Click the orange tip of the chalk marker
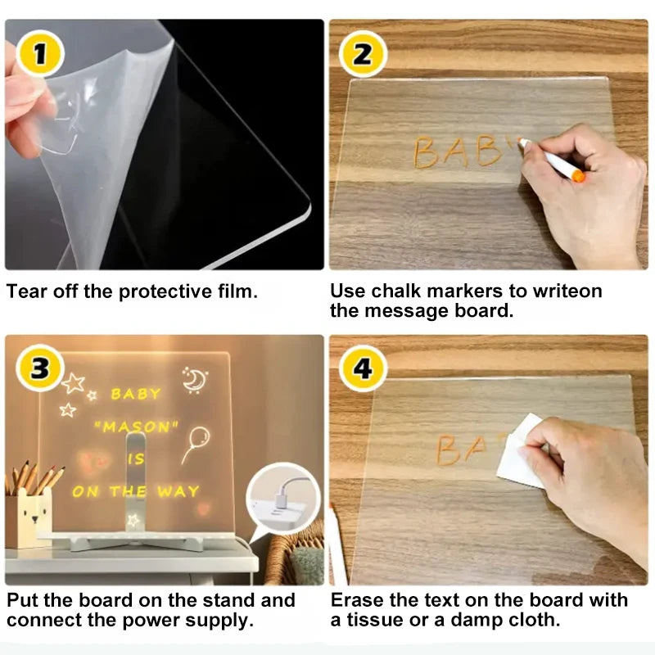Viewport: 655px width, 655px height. pyautogui.click(x=578, y=175)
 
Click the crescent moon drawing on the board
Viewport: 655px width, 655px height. pyautogui.click(x=194, y=379)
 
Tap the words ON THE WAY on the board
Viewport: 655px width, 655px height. pyautogui.click(x=135, y=491)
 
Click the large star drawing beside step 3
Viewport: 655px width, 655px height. pyautogui.click(x=74, y=382)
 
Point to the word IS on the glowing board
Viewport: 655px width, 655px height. pyautogui.click(x=135, y=458)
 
